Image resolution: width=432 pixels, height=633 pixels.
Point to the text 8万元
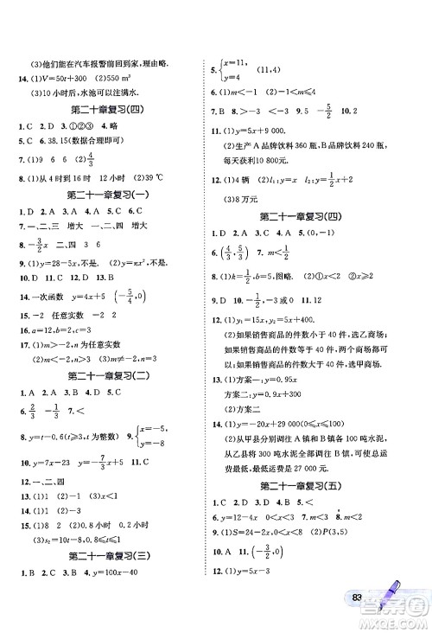[x=245, y=197]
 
